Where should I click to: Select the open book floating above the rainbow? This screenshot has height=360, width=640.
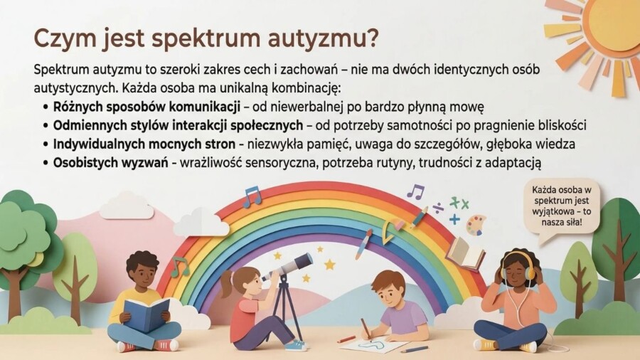coord(465,253)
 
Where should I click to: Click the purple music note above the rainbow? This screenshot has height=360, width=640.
coord(415,191)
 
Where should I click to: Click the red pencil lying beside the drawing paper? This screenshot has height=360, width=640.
coord(346,339)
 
